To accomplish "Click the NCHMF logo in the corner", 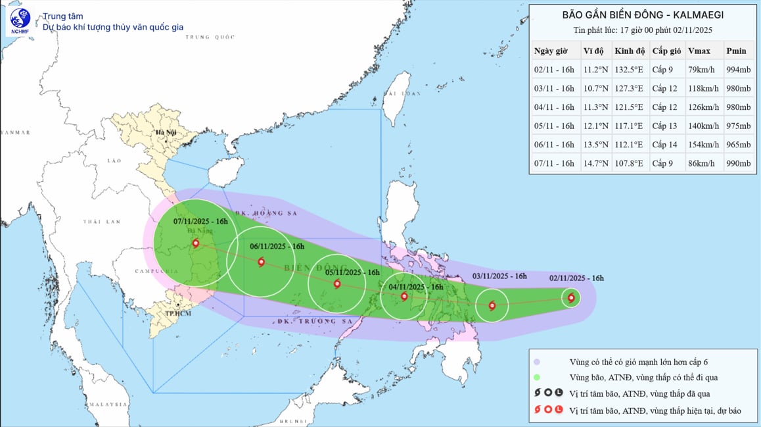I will (x=20, y=22).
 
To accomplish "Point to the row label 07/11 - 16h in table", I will (x=554, y=164).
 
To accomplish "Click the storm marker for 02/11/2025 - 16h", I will (x=570, y=298).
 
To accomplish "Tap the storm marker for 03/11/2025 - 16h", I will (x=492, y=305).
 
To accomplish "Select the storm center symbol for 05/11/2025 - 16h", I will (x=337, y=284).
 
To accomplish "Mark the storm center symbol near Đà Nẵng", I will (x=196, y=244).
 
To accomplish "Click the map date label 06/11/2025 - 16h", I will (x=277, y=246).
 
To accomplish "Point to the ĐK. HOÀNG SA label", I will (x=260, y=213).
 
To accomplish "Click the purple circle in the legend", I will (x=537, y=362).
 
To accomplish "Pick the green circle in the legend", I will (x=537, y=377).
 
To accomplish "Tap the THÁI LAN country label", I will (x=101, y=222).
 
